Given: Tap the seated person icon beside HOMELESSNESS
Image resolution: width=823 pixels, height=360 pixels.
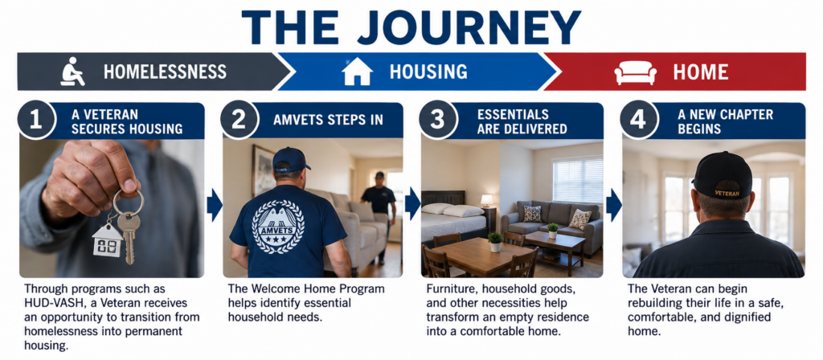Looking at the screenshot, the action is pyautogui.click(x=73, y=72).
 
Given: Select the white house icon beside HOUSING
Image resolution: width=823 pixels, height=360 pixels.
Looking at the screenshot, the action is pyautogui.click(x=358, y=72).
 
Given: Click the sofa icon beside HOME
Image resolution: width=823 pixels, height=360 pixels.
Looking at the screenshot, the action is pyautogui.click(x=635, y=72).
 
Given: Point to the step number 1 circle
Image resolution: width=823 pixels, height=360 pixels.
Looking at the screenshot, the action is pyautogui.click(x=35, y=119).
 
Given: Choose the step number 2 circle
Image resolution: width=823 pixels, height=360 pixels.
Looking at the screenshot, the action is pyautogui.click(x=239, y=119).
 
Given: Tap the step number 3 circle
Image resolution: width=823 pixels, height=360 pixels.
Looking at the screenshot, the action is pyautogui.click(x=437, y=119).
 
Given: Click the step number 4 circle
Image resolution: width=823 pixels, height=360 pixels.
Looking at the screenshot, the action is pyautogui.click(x=637, y=119).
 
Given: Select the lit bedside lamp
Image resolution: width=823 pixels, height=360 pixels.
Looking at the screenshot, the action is pyautogui.click(x=487, y=200).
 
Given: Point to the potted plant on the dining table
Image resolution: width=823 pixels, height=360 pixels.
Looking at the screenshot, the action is pyautogui.click(x=494, y=241).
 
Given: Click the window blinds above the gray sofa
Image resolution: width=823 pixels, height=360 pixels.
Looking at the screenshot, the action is pyautogui.click(x=577, y=179).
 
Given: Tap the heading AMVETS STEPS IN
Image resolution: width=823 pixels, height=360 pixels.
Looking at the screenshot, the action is pyautogui.click(x=328, y=120).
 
